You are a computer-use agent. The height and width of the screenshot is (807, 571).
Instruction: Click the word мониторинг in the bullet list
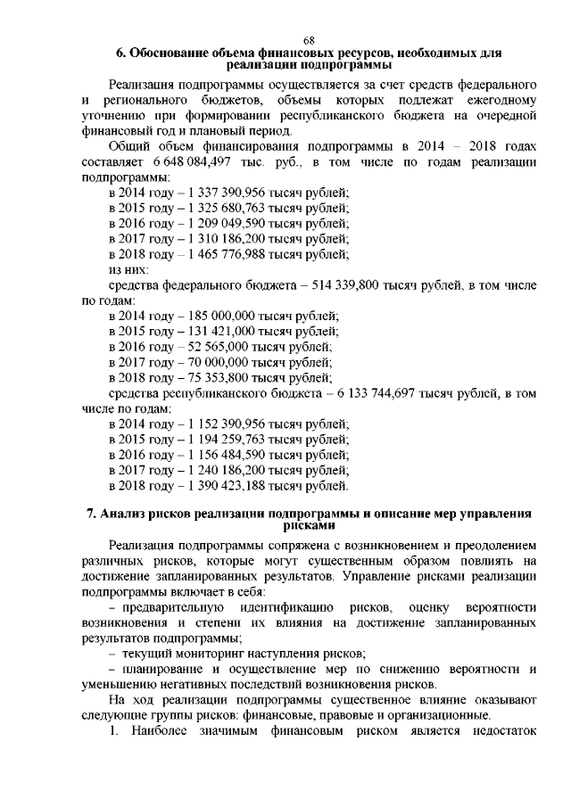(207, 654)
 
